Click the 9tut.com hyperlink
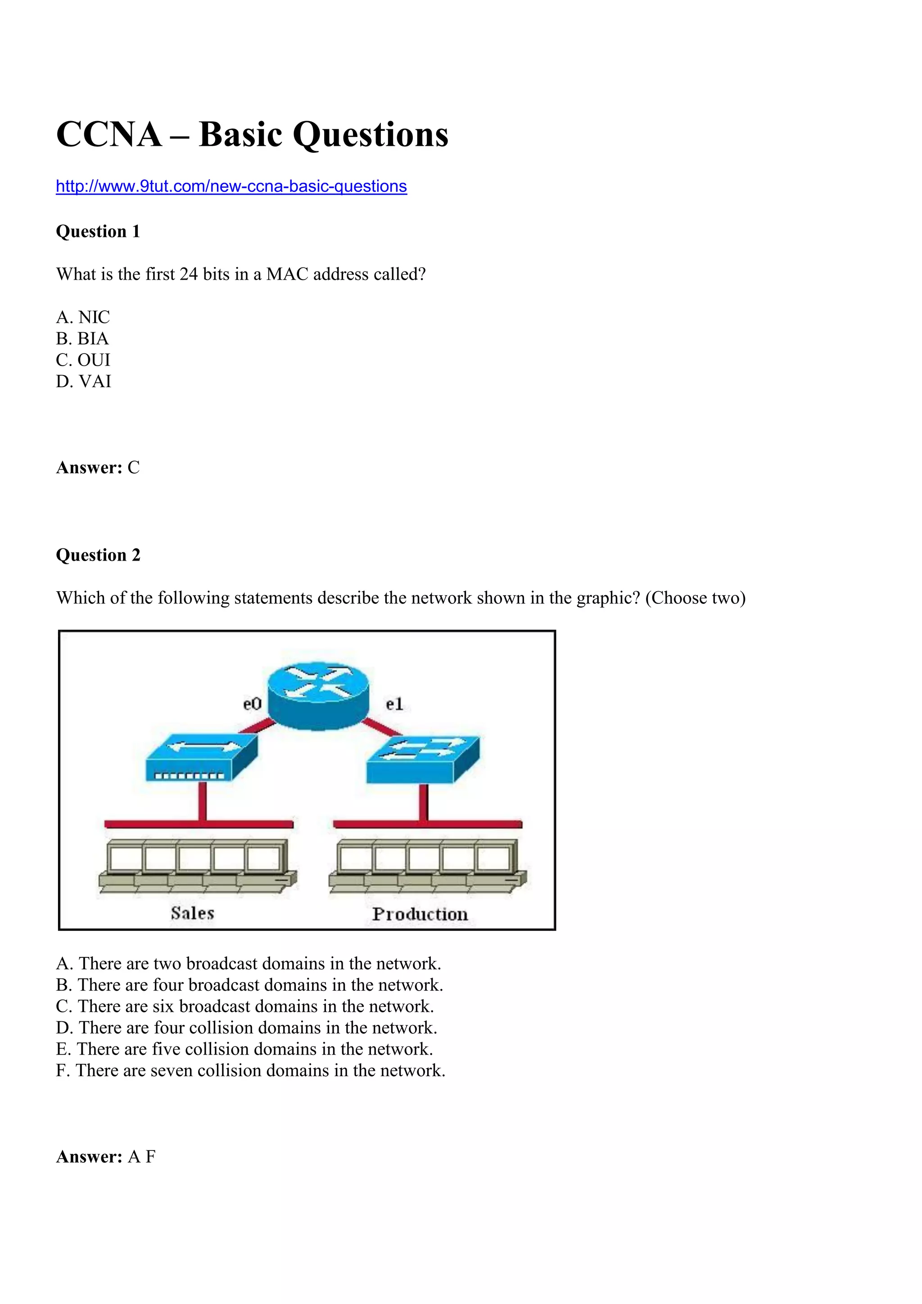click(x=231, y=186)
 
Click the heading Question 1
click(x=98, y=232)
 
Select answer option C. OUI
click(x=83, y=360)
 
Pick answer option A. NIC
click(x=83, y=317)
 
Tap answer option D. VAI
click(x=83, y=382)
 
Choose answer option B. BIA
click(x=82, y=339)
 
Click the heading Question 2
click(x=98, y=555)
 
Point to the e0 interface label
click(x=252, y=704)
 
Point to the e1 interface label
click(x=394, y=704)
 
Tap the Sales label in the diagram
click(x=193, y=913)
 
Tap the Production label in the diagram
click(x=420, y=915)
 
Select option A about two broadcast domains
click(x=249, y=963)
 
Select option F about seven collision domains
click(x=250, y=1071)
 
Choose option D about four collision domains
click(x=246, y=1028)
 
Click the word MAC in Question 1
click(x=287, y=274)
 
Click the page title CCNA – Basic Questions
click(x=252, y=135)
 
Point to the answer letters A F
click(x=141, y=1157)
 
